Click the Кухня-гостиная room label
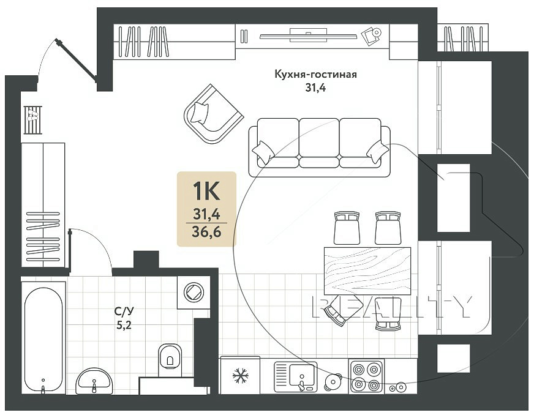[316, 74]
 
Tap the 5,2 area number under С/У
[124, 326]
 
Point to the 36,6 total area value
[206, 232]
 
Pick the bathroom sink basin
[94, 381]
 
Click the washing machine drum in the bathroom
[194, 292]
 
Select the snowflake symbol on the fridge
[240, 376]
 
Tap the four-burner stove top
[366, 376]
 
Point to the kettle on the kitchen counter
[333, 382]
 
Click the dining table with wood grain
[367, 271]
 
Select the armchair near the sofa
[214, 114]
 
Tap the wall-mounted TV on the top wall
[308, 35]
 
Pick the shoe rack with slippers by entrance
[32, 120]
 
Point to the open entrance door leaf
[77, 61]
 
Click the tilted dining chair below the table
[342, 310]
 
